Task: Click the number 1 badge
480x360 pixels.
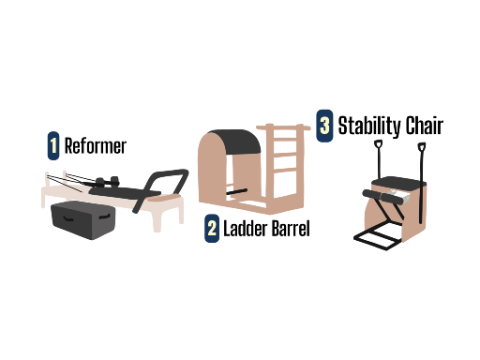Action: [x=53, y=145]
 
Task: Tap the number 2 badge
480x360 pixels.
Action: [x=212, y=228]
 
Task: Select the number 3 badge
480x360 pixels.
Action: [x=324, y=126]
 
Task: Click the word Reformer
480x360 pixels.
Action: [x=96, y=146]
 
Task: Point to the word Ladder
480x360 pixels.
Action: [x=246, y=229]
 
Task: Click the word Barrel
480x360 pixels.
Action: [x=291, y=229]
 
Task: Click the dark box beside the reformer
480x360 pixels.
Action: [x=83, y=220]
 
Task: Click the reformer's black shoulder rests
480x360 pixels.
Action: [x=108, y=181]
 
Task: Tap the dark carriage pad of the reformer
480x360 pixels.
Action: [x=125, y=192]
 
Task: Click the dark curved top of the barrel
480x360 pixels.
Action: [x=235, y=142]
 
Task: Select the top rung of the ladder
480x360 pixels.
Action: [x=283, y=127]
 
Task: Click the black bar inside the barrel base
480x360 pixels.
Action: [x=236, y=191]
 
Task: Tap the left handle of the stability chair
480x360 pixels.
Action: [x=379, y=159]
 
